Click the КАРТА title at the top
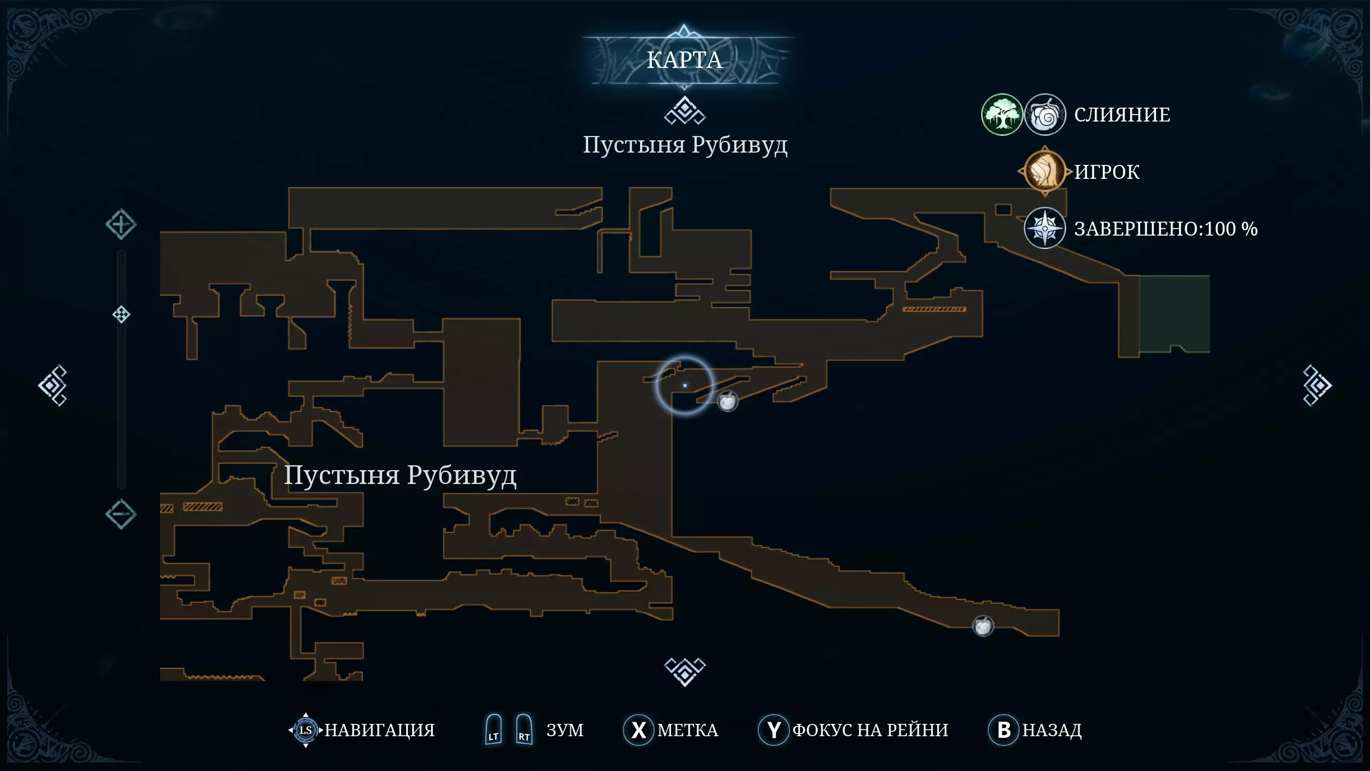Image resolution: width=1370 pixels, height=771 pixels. tap(684, 60)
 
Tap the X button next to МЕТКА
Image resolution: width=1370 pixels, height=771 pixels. tap(638, 730)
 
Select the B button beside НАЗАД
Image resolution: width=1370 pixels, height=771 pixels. tap(1003, 730)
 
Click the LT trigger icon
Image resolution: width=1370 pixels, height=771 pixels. tap(493, 729)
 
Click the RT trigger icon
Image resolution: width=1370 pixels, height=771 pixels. tap(524, 729)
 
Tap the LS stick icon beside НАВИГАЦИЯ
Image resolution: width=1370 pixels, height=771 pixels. tap(306, 730)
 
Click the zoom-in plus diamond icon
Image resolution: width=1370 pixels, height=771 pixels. tap(121, 224)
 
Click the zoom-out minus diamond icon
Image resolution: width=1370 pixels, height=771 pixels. tap(121, 515)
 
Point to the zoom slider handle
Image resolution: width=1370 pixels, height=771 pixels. tap(121, 314)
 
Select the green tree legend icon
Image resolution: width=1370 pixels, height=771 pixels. tap(1002, 115)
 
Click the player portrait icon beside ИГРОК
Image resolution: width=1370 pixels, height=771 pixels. tap(1045, 171)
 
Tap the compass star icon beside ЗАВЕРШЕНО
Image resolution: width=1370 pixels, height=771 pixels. tap(1045, 228)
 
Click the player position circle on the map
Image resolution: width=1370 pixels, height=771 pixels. tap(684, 385)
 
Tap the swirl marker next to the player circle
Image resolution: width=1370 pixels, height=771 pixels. tap(727, 402)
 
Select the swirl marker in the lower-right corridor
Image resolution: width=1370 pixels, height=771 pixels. tap(983, 626)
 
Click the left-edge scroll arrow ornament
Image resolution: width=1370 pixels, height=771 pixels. tap(53, 385)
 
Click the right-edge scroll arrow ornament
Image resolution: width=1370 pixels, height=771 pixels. tap(1317, 385)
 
